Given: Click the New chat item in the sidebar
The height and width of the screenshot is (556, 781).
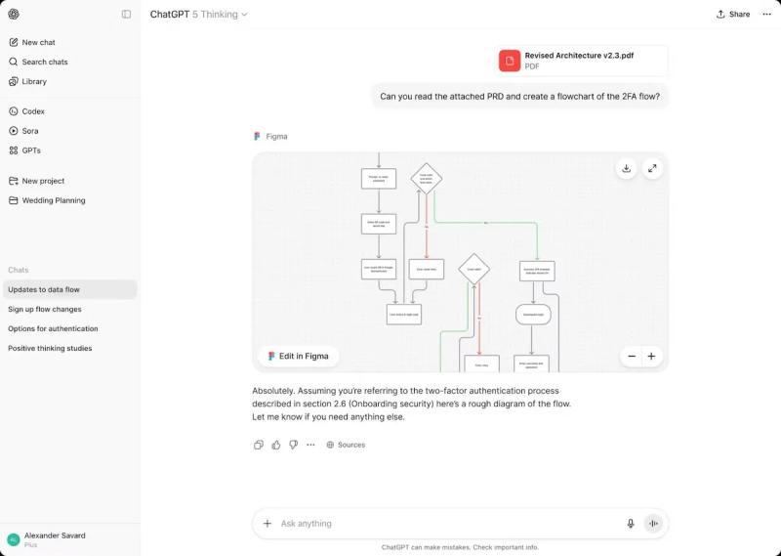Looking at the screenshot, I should point(38,42).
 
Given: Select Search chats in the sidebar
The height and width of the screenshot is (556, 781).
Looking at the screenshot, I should point(44,62).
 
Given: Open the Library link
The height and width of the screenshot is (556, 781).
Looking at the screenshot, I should point(34,81).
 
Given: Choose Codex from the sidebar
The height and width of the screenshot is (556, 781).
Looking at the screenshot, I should point(33,111).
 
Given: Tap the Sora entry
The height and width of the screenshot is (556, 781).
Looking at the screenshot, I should point(30,131).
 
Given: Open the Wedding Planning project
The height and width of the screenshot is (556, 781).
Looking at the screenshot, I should point(53,200).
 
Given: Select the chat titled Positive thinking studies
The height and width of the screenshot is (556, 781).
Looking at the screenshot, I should point(50,348).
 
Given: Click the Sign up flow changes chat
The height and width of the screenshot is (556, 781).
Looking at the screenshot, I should point(45,309).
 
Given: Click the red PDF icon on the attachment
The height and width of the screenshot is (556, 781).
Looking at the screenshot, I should point(510,61).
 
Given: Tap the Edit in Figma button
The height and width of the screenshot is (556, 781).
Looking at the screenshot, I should point(299,356).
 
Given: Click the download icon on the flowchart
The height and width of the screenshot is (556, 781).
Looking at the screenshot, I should point(626,168).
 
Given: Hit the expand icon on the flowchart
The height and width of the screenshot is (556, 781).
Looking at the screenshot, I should point(652,168).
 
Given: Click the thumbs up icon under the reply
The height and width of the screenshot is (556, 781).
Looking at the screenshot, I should point(275,445).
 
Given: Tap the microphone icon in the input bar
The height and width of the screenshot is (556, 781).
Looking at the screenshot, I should point(631,524).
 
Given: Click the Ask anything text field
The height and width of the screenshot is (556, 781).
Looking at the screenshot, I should point(439,524).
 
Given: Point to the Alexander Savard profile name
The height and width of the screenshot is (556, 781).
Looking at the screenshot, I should point(55,535).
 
